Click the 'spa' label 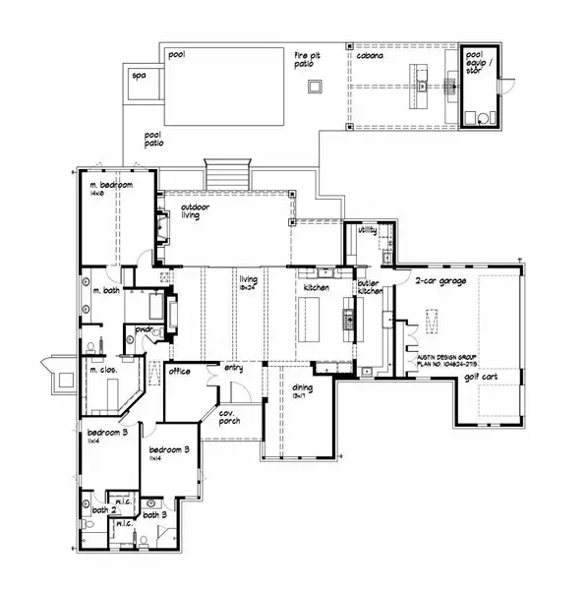click(138, 74)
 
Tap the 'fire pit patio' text click(307, 61)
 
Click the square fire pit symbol click(315, 88)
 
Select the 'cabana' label click(369, 57)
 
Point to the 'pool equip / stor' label click(476, 60)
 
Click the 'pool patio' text click(154, 141)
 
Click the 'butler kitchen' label click(370, 287)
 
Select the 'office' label click(179, 371)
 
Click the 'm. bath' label click(106, 292)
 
